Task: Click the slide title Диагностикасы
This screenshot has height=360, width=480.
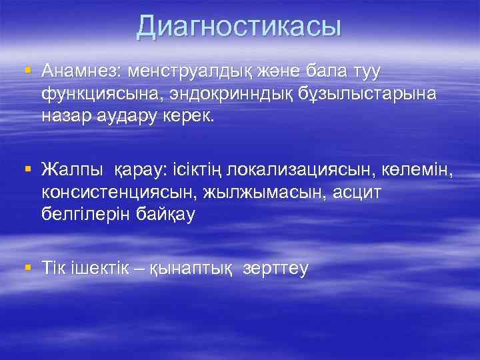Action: [239, 27]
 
